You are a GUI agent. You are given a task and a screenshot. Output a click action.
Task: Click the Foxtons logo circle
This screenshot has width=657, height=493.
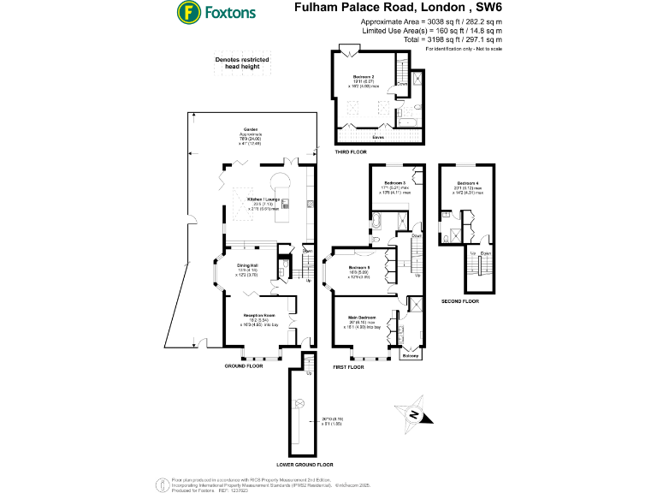point(188,12)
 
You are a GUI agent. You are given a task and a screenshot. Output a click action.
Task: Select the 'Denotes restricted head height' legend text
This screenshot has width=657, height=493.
point(242,62)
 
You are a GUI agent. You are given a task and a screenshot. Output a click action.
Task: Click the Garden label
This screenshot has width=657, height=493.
point(250,129)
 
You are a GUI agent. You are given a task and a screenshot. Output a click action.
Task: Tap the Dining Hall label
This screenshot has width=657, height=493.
point(248,265)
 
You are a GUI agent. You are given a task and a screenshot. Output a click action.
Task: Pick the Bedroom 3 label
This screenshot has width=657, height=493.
point(394,183)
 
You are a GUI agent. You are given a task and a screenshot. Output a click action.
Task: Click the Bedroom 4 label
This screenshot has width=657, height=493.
point(468,183)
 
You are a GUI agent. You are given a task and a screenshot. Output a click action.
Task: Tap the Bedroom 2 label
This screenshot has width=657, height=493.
point(364,77)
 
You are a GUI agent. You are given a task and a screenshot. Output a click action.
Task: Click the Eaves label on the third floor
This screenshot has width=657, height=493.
point(377,136)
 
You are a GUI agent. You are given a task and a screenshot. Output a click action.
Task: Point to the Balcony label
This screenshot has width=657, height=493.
point(410,355)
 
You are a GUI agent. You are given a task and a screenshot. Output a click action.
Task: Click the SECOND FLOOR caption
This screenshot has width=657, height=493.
point(460,302)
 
